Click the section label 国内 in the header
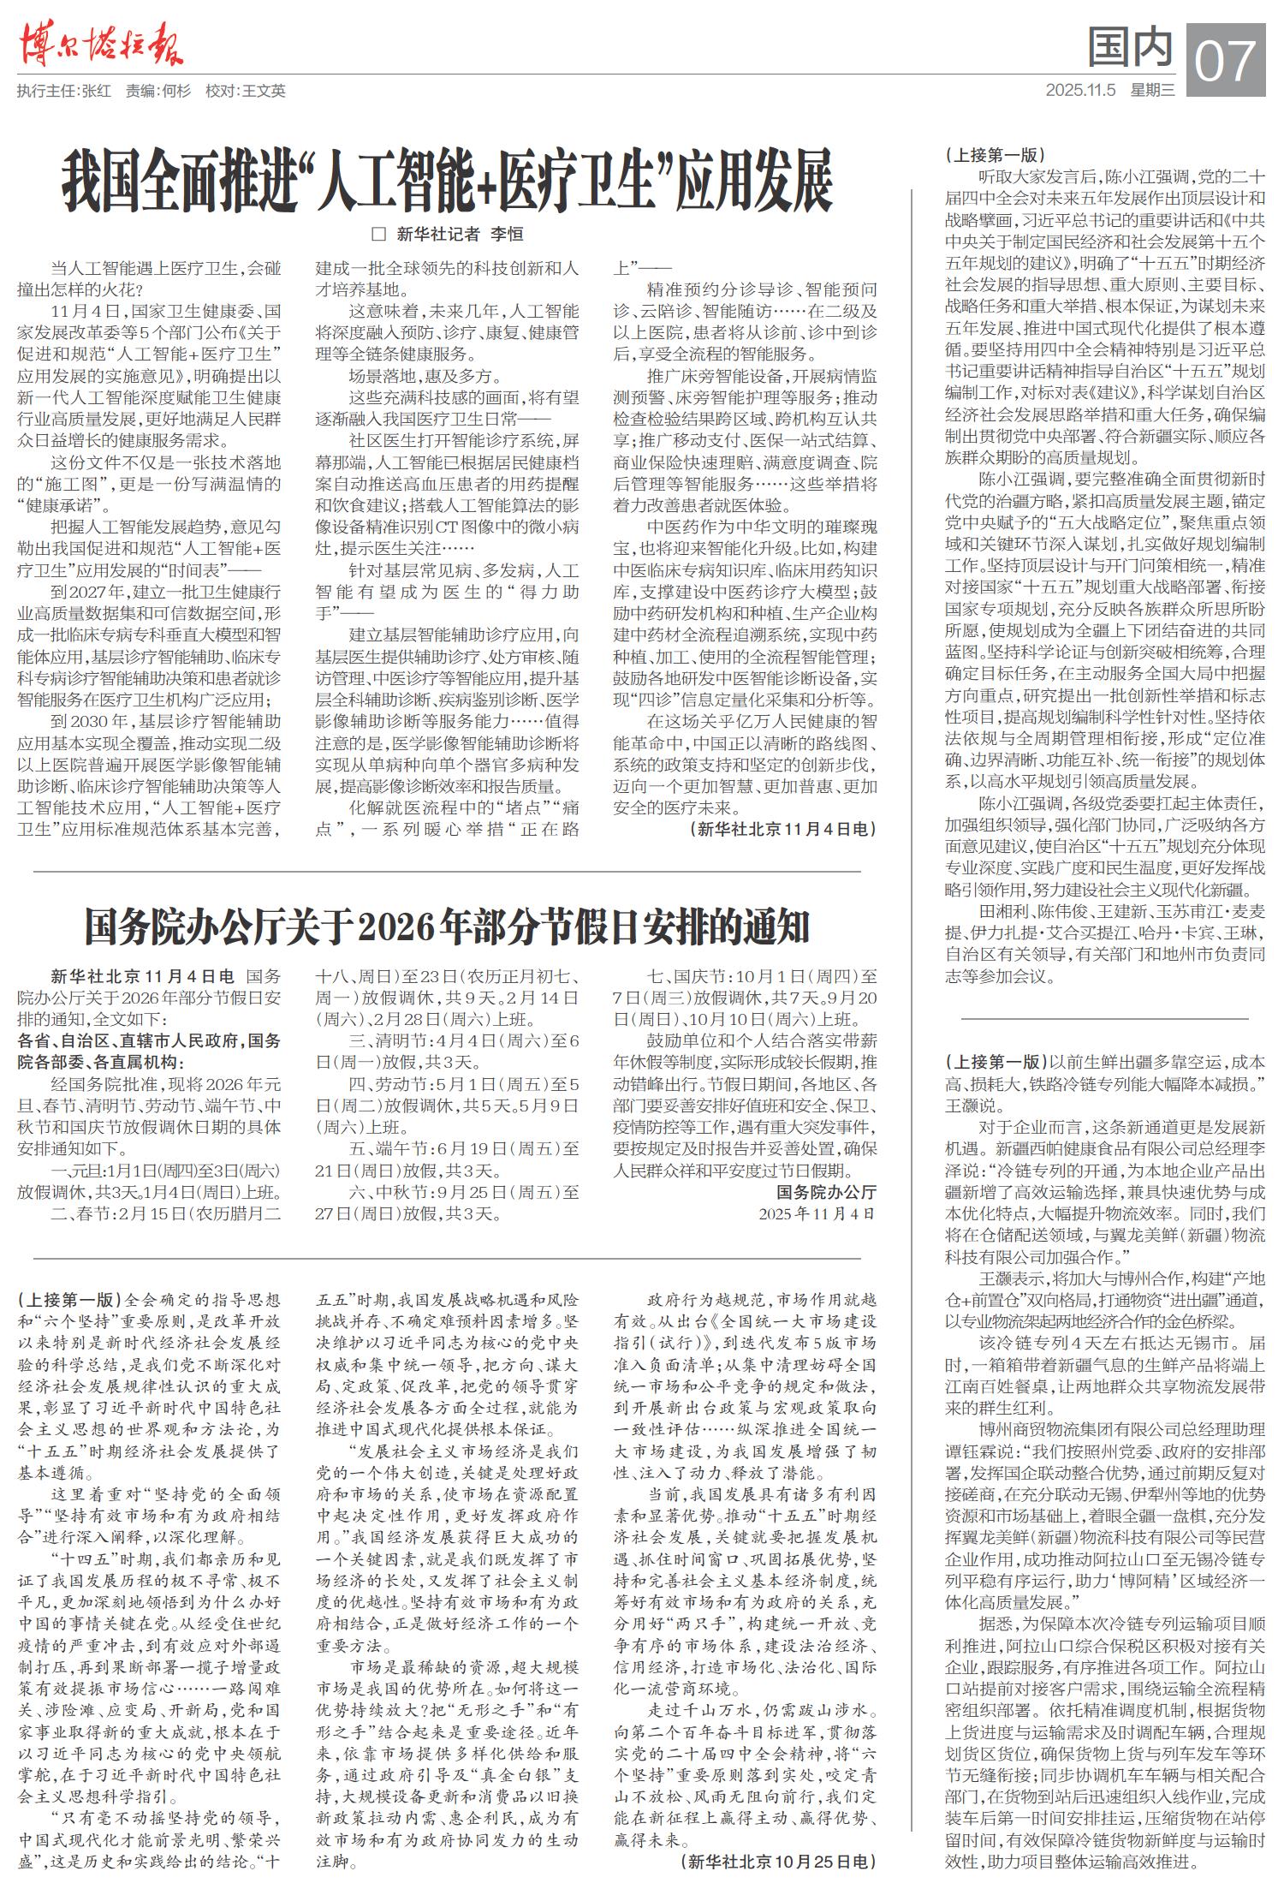1130,46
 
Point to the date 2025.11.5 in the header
1080,90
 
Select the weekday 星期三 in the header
1153,90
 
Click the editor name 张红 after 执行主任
97,91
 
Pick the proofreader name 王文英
264,91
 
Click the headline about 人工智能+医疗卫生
447,181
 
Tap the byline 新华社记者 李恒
460,234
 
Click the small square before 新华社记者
378,234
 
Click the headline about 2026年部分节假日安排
447,927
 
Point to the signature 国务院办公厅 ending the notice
826,1192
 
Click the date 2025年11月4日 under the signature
817,1213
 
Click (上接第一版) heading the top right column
995,155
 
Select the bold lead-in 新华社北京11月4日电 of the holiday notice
142,976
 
